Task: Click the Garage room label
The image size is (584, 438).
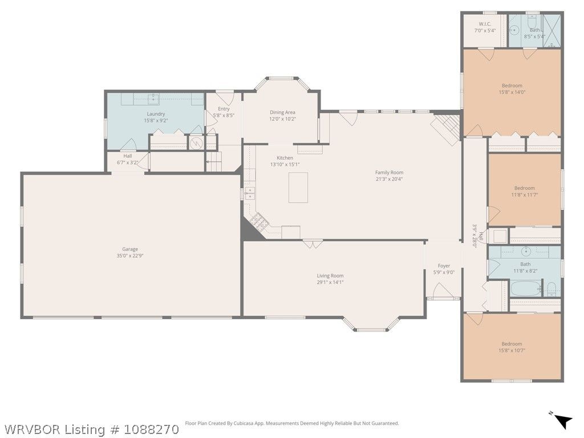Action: [130, 249]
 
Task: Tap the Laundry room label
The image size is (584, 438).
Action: [156, 114]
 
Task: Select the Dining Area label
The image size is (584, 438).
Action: [282, 112]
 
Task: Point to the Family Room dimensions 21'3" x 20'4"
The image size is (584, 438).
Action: [389, 179]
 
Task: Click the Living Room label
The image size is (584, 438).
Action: [330, 275]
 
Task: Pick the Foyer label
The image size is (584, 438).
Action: [444, 266]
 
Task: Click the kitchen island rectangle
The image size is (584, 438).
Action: [298, 187]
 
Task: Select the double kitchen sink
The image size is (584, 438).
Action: [250, 194]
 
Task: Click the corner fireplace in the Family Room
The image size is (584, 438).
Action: [446, 129]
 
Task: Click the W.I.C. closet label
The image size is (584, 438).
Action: [485, 24]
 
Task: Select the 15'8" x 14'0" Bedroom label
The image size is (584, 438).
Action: [512, 86]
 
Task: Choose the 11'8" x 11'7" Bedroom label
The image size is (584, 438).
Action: [525, 188]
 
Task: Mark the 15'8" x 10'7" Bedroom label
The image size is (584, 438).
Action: [512, 344]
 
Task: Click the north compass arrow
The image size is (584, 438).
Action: [563, 421]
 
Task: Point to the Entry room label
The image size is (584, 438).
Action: [224, 109]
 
